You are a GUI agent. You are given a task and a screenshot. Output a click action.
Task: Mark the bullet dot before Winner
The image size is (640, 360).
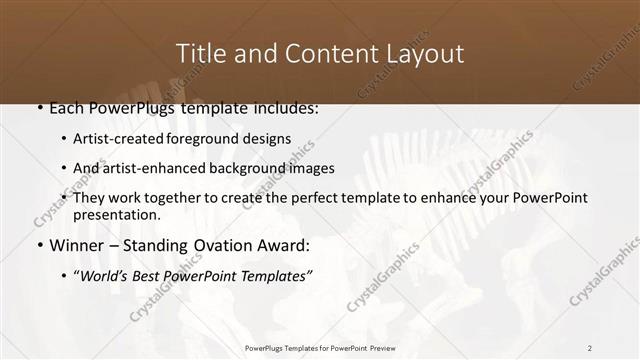coord(39,246)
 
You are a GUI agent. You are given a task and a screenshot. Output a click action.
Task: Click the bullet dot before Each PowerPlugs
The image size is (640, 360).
coord(39,108)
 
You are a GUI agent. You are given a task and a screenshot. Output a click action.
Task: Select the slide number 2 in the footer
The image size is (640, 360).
coord(590,347)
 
